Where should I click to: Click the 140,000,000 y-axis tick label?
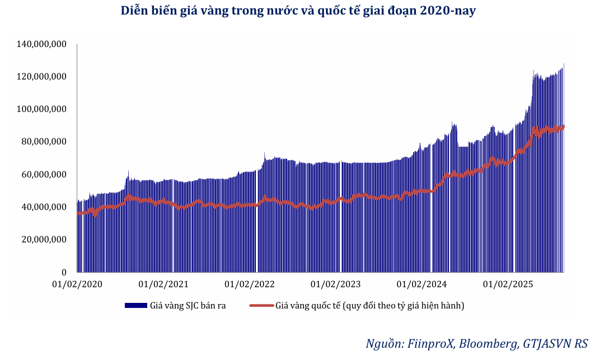(x=43, y=44)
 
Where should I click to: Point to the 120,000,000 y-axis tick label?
(x=43, y=76)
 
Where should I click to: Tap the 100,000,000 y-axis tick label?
(x=43, y=109)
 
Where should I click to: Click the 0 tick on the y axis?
(x=64, y=272)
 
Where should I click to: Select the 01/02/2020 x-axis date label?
(x=78, y=284)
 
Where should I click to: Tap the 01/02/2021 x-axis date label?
(x=163, y=284)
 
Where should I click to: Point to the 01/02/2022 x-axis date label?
(x=250, y=284)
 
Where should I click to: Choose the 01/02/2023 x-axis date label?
(x=336, y=284)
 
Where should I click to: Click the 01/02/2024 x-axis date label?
(x=421, y=284)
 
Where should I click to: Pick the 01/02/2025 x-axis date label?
(x=508, y=284)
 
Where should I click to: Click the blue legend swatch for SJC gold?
(x=136, y=305)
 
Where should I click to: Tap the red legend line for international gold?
(x=261, y=305)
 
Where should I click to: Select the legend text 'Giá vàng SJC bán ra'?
(x=188, y=306)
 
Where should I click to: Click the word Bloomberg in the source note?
(x=489, y=343)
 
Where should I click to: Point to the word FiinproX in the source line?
(x=429, y=343)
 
